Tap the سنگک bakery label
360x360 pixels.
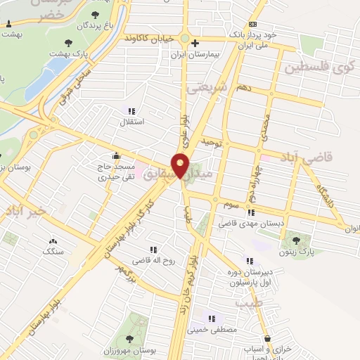(53, 250)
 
